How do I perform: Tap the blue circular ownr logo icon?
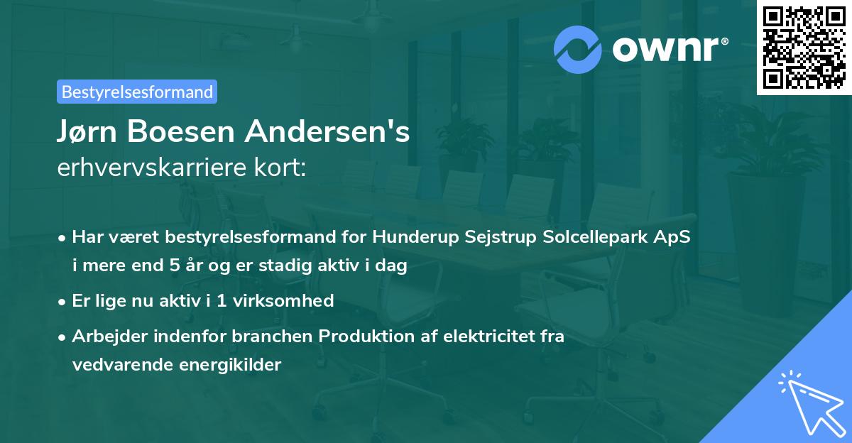(578, 49)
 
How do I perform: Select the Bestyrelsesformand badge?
(137, 92)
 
